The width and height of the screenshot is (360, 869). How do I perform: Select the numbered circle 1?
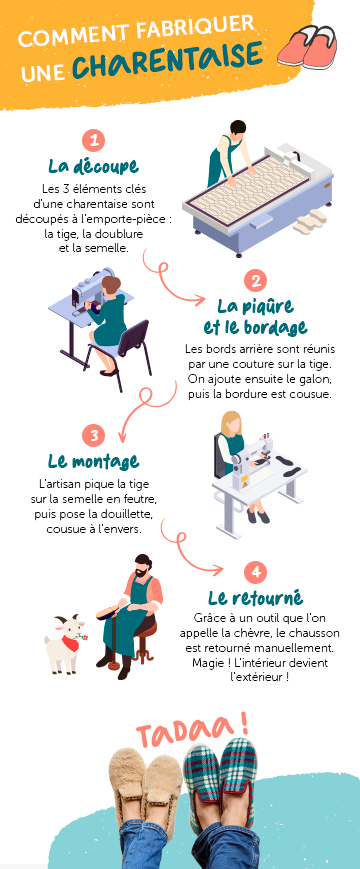tap(93, 141)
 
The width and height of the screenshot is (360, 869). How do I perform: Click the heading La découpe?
tap(93, 165)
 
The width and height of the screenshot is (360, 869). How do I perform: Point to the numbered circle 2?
tap(256, 281)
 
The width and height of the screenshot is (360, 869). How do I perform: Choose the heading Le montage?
tap(93, 460)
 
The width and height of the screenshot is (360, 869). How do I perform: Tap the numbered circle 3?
tap(93, 436)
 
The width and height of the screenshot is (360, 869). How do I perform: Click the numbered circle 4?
tap(258, 572)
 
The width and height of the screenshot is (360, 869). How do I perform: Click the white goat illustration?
tap(66, 639)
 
